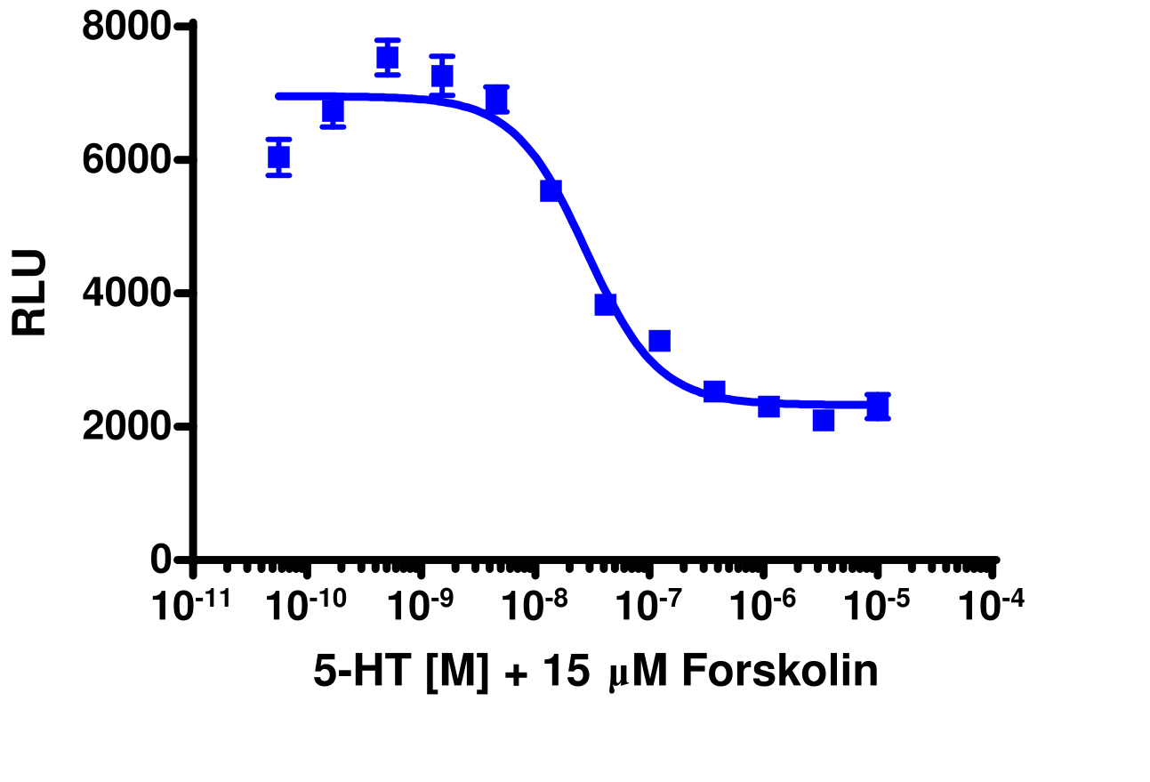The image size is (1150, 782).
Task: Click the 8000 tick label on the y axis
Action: (125, 28)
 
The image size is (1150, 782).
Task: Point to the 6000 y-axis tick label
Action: (125, 161)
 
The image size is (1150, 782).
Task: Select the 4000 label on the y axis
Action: (125, 294)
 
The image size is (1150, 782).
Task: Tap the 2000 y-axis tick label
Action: (125, 427)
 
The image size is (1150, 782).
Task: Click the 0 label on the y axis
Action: (161, 560)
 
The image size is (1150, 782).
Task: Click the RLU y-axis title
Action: (30, 293)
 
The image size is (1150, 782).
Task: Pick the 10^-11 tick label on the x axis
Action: (191, 606)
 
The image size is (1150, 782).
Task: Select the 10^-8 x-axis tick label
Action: (535, 606)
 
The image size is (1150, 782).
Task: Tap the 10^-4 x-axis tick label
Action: (992, 606)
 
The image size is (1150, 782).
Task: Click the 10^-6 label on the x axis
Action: (763, 606)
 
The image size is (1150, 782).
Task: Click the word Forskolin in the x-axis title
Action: (780, 673)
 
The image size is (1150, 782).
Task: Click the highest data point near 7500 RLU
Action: (387, 58)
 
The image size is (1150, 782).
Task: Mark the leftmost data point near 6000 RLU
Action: (278, 157)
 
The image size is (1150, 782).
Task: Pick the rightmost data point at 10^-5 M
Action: (878, 407)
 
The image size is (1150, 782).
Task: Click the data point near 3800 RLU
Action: (605, 304)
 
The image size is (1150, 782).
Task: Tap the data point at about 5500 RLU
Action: (551, 189)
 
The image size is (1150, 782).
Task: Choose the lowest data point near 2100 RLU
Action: (824, 420)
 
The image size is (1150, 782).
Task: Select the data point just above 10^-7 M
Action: (659, 341)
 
